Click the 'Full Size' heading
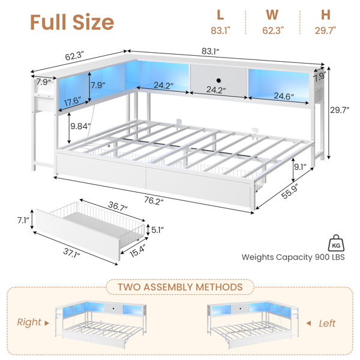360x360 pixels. [x=72, y=22]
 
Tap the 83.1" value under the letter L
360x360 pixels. [x=220, y=31]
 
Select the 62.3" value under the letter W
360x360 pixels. [x=273, y=31]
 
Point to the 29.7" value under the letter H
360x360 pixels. [x=325, y=31]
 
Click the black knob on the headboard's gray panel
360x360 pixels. [x=218, y=80]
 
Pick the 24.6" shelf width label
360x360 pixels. [x=284, y=96]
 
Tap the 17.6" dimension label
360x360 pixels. [x=73, y=101]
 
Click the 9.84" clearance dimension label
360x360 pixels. [x=80, y=126]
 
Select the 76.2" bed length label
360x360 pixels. [x=154, y=200]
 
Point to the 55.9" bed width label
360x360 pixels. [x=290, y=191]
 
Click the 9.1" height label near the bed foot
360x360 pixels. [x=301, y=167]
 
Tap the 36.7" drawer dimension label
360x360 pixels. [x=118, y=206]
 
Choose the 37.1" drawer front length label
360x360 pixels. [x=72, y=253]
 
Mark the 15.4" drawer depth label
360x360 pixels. [x=137, y=251]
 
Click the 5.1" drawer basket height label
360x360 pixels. [x=157, y=230]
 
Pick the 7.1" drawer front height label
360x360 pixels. [x=23, y=220]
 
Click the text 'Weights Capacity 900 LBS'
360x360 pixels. [x=293, y=257]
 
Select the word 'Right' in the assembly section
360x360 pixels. [x=29, y=322]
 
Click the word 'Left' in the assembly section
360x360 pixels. [x=327, y=323]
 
